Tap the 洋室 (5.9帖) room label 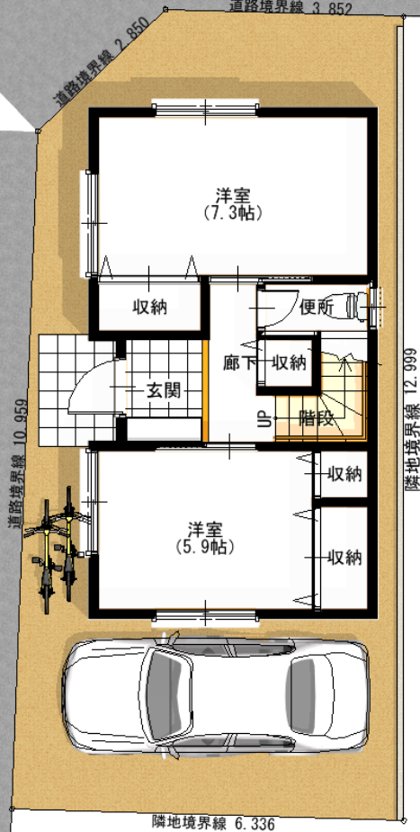(205, 538)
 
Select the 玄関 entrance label (164, 391)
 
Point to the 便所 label (316, 307)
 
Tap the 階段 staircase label (316, 418)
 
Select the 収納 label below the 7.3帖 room (149, 307)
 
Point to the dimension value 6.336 (255, 824)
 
